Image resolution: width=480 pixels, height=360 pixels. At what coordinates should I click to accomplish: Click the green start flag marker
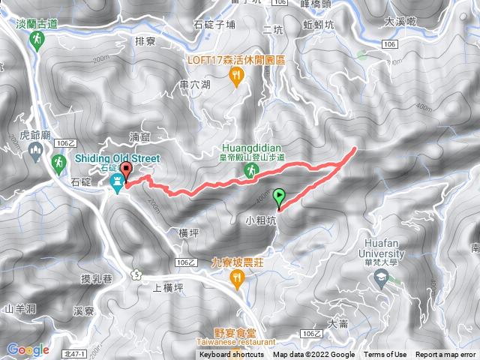tap(280, 197)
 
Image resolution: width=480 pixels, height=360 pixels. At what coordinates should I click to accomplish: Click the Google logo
tap(28, 349)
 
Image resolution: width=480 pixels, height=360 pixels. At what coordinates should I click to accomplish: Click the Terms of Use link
tap(385, 355)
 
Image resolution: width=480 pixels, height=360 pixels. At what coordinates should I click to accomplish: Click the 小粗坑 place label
tap(261, 221)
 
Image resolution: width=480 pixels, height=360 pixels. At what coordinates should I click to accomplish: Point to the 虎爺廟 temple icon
tap(35, 152)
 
